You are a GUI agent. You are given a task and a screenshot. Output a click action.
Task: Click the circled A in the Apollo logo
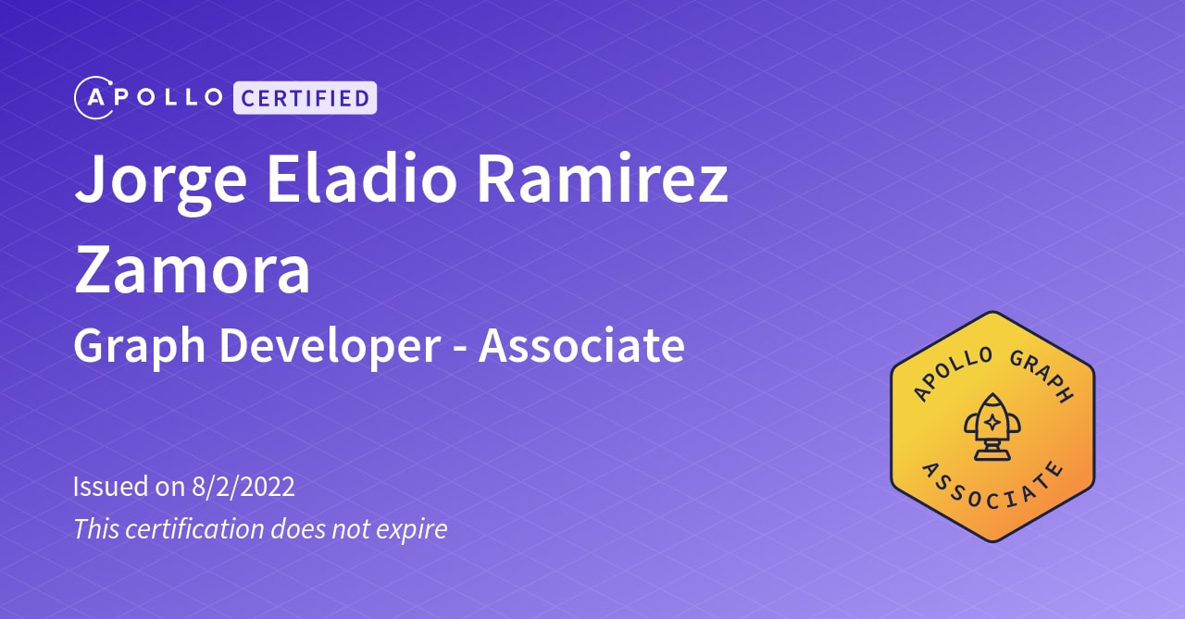[93, 97]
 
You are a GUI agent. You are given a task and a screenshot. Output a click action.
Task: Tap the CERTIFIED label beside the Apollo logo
[305, 97]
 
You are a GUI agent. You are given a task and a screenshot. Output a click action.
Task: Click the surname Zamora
[192, 268]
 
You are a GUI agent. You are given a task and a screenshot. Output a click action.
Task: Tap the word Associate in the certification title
[581, 345]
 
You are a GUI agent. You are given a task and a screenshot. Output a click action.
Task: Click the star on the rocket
[992, 421]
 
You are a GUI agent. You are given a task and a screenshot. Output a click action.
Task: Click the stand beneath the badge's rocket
[992, 452]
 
